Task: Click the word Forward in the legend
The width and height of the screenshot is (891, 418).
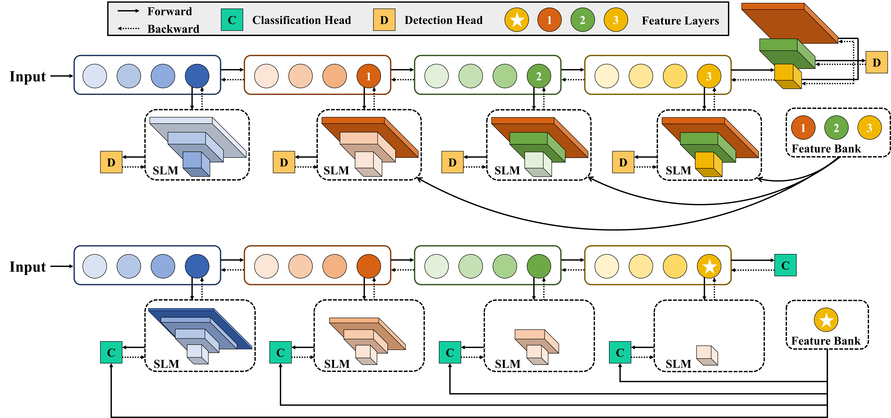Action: pyautogui.click(x=169, y=11)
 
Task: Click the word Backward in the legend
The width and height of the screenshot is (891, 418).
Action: pyautogui.click(x=173, y=29)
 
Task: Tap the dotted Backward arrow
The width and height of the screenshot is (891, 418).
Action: pyautogui.click(x=128, y=28)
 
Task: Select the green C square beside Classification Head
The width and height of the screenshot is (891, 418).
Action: pyautogui.click(x=232, y=20)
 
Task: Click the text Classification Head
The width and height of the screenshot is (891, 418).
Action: pyautogui.click(x=302, y=20)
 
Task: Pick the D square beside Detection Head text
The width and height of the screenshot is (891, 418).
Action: pyautogui.click(x=384, y=20)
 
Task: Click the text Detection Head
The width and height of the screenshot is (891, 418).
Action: pyautogui.click(x=443, y=20)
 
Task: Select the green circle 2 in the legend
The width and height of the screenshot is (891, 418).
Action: pyautogui.click(x=582, y=20)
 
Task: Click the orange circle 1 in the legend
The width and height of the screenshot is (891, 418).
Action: pyautogui.click(x=549, y=20)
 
